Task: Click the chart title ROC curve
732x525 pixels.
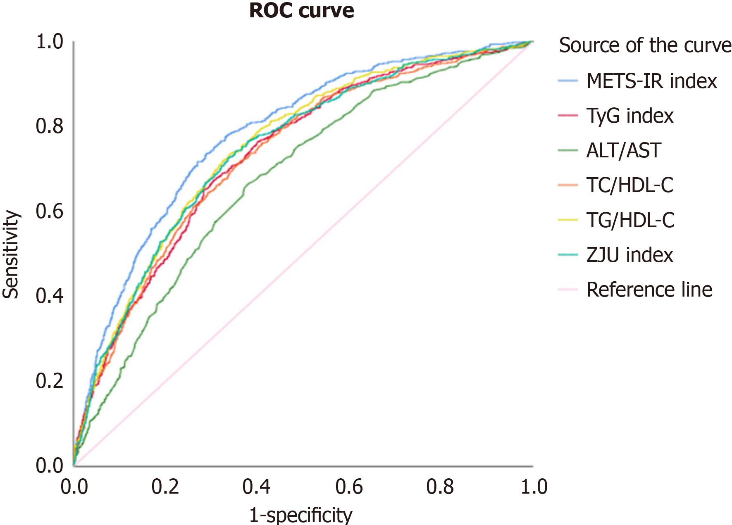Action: [x=301, y=11]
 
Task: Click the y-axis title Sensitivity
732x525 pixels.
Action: [x=11, y=254]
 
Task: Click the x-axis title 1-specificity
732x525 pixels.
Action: [x=300, y=515]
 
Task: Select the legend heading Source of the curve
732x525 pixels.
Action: [x=645, y=45]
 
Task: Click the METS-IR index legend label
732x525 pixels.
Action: [x=651, y=81]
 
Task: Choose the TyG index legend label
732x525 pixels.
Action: [x=629, y=116]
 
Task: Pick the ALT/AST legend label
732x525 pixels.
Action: [x=624, y=150]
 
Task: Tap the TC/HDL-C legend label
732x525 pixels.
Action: [x=629, y=185]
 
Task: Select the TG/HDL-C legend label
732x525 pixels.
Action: [x=630, y=220]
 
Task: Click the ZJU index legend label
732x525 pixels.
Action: [x=629, y=255]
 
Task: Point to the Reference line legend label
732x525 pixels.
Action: [x=649, y=290]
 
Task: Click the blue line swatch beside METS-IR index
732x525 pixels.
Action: [x=567, y=81]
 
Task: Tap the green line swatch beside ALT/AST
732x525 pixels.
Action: [x=567, y=150]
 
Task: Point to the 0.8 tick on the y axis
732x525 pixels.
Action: [x=50, y=126]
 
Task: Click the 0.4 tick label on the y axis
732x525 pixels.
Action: [x=50, y=296]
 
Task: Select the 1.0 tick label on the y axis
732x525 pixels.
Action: [x=50, y=42]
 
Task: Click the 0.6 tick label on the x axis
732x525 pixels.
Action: [x=349, y=487]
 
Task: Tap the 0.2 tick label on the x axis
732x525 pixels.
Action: [x=165, y=487]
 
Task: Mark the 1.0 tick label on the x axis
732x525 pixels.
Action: [x=534, y=487]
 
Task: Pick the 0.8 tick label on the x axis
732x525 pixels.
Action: [x=440, y=487]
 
